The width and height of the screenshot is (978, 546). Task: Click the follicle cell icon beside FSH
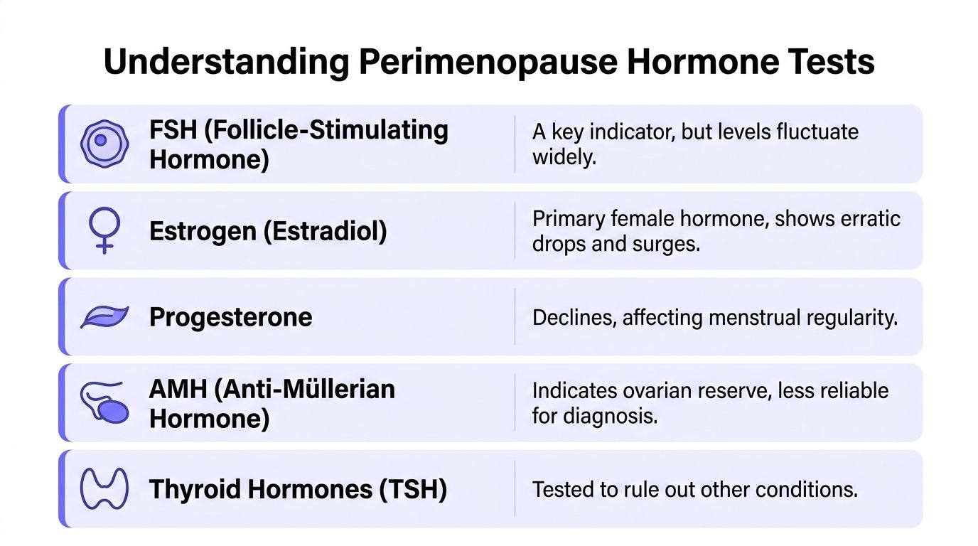tap(104, 144)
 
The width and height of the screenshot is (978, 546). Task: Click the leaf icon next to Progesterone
tap(104, 317)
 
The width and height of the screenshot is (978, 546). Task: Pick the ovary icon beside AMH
tap(104, 403)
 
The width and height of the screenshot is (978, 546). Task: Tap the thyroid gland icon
tap(104, 489)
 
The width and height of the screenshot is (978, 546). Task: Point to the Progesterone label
tap(230, 317)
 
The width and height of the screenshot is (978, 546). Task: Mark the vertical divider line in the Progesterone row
tap(515, 317)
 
